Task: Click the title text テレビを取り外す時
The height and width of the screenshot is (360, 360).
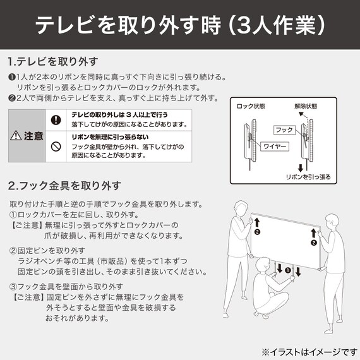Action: [126, 25]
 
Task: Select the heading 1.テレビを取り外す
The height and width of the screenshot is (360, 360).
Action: [53, 62]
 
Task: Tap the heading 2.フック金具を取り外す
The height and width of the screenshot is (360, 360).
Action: [64, 186]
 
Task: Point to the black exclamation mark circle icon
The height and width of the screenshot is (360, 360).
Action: [56, 119]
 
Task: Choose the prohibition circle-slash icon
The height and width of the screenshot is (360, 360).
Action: [56, 147]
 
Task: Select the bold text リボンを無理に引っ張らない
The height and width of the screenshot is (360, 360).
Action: [110, 136]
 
